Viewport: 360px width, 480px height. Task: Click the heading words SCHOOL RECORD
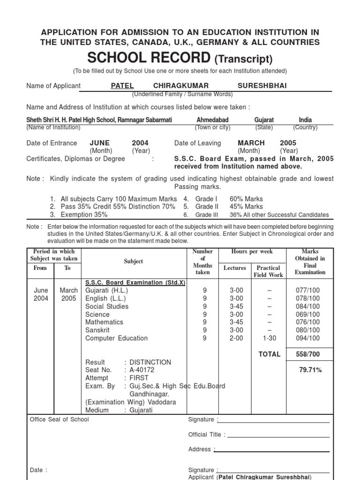[x=149, y=58]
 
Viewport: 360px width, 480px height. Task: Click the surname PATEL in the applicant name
[x=122, y=86]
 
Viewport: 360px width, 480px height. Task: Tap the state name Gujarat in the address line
[x=264, y=120]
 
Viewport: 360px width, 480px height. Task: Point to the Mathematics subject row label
[x=104, y=322]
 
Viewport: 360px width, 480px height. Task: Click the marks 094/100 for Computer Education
[x=308, y=338]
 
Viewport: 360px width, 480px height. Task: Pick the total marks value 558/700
[x=308, y=354]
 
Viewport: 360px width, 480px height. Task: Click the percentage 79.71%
[x=310, y=370]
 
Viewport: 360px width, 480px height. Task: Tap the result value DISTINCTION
[x=150, y=362]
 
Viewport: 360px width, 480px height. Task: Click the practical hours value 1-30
[x=269, y=338]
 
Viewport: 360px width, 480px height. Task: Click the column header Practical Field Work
[x=269, y=271]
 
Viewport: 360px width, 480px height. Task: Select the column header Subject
[x=134, y=261]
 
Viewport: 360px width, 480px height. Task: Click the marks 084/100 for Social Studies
[x=308, y=306]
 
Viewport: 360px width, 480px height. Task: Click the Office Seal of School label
[x=59, y=420]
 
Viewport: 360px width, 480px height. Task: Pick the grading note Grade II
[x=207, y=207]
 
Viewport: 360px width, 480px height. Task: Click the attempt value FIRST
[x=139, y=378]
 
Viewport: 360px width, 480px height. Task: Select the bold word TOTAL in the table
[x=270, y=354]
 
